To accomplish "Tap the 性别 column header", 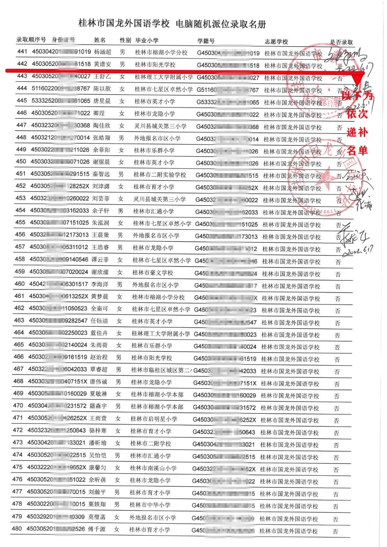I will (x=125, y=40).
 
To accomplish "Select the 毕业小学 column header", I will (x=147, y=40).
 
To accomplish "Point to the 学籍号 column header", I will (x=206, y=41).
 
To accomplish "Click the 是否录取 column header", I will (x=341, y=42).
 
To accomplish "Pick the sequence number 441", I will (x=22, y=52).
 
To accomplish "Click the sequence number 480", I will (x=17, y=528).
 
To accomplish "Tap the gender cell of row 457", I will (x=120, y=247).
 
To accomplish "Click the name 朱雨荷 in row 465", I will (x=99, y=345).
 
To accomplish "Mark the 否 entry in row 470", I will (x=336, y=408).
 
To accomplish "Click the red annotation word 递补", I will (x=357, y=132).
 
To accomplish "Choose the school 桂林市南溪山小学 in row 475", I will (x=153, y=468).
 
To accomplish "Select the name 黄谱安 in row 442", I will (x=103, y=64).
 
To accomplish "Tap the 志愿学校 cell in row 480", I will (x=288, y=531).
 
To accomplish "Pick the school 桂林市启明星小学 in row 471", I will (x=154, y=419).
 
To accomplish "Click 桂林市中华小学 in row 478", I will (x=150, y=505).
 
